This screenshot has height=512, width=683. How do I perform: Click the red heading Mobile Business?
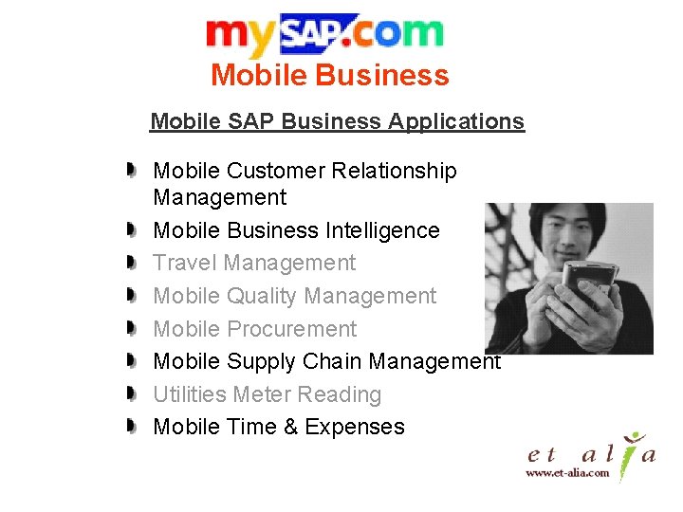[329, 75]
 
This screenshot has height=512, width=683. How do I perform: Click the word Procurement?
[292, 329]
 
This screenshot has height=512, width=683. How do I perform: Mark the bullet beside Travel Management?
[134, 263]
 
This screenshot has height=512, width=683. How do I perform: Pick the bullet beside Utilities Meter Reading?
[134, 394]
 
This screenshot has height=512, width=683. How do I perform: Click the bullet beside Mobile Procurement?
[134, 329]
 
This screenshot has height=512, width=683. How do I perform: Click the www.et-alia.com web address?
[567, 472]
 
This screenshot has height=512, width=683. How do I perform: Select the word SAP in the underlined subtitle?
[250, 121]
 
